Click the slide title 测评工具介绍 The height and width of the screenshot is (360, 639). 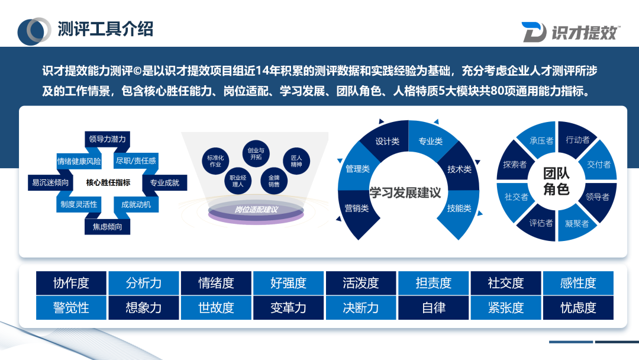pos(105,28)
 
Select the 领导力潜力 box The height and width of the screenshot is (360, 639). pos(107,139)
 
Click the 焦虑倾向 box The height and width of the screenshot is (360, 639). pos(107,227)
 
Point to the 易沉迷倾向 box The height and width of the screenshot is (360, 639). pos(50,183)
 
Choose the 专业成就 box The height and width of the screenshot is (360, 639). pos(164,183)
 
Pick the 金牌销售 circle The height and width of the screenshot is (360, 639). pos(274,181)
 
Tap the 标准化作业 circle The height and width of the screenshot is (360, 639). pos(215,160)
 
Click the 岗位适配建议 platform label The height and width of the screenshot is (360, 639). pos(256,210)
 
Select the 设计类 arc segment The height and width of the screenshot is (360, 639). pos(388,142)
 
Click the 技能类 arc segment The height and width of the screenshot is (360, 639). pos(459,208)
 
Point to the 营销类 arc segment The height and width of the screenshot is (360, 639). pos(357,208)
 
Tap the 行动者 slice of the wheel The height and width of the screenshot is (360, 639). pos(577,140)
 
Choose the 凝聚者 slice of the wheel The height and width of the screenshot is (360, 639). pos(576,223)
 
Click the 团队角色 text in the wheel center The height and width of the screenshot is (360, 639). pos(556,181)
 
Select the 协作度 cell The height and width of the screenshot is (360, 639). pos(71,283)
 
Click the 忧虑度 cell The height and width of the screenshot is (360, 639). pos(578,308)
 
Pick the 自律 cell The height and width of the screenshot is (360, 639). pos(434,308)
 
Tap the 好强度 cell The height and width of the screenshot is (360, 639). pos(288,283)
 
